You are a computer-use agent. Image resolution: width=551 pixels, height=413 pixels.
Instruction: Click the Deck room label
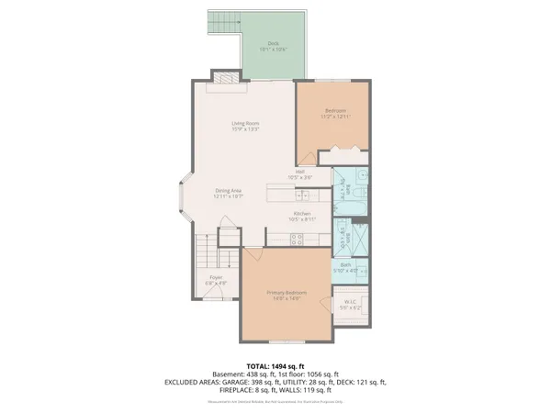click(x=273, y=44)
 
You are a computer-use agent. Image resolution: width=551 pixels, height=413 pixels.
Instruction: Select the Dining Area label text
click(x=228, y=190)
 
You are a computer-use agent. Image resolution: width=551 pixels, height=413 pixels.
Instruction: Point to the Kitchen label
click(x=302, y=213)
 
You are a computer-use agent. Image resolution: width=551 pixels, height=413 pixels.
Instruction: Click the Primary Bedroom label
click(x=286, y=293)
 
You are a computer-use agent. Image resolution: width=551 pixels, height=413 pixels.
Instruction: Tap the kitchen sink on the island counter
click(x=301, y=194)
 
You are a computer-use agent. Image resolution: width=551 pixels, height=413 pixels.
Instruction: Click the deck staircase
click(x=220, y=24)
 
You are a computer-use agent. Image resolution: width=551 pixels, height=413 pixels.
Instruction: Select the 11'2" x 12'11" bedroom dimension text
click(x=334, y=117)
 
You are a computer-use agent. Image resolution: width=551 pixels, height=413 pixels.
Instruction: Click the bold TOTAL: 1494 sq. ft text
click(x=275, y=366)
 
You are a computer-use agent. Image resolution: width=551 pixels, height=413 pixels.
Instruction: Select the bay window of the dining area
click(x=183, y=200)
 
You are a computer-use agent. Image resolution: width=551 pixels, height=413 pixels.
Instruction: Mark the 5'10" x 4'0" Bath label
click(x=352, y=269)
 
